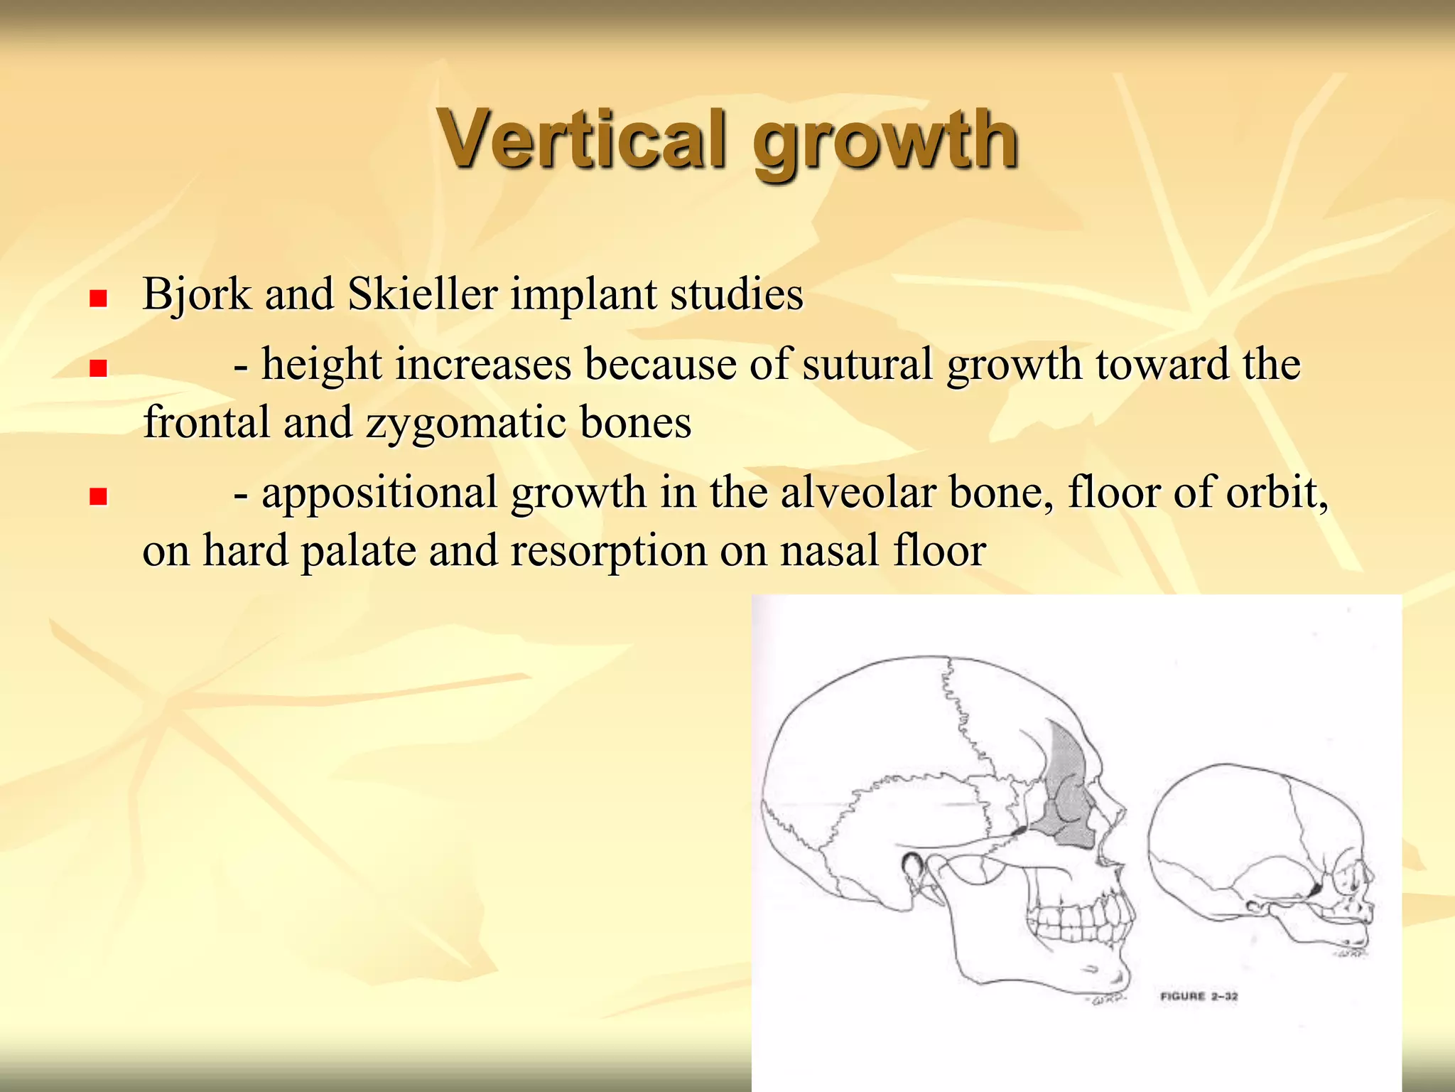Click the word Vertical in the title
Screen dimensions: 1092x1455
pos(583,139)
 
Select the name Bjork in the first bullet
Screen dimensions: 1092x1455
pos(197,294)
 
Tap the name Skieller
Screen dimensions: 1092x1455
pos(422,294)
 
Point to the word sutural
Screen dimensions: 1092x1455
pos(867,364)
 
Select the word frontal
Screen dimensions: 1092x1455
pos(206,422)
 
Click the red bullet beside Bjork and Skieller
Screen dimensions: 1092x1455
pos(98,298)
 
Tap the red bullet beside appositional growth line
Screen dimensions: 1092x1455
pos(98,496)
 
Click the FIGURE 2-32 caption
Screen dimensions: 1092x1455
pos(1199,996)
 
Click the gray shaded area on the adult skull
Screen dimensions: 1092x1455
pos(1065,789)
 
